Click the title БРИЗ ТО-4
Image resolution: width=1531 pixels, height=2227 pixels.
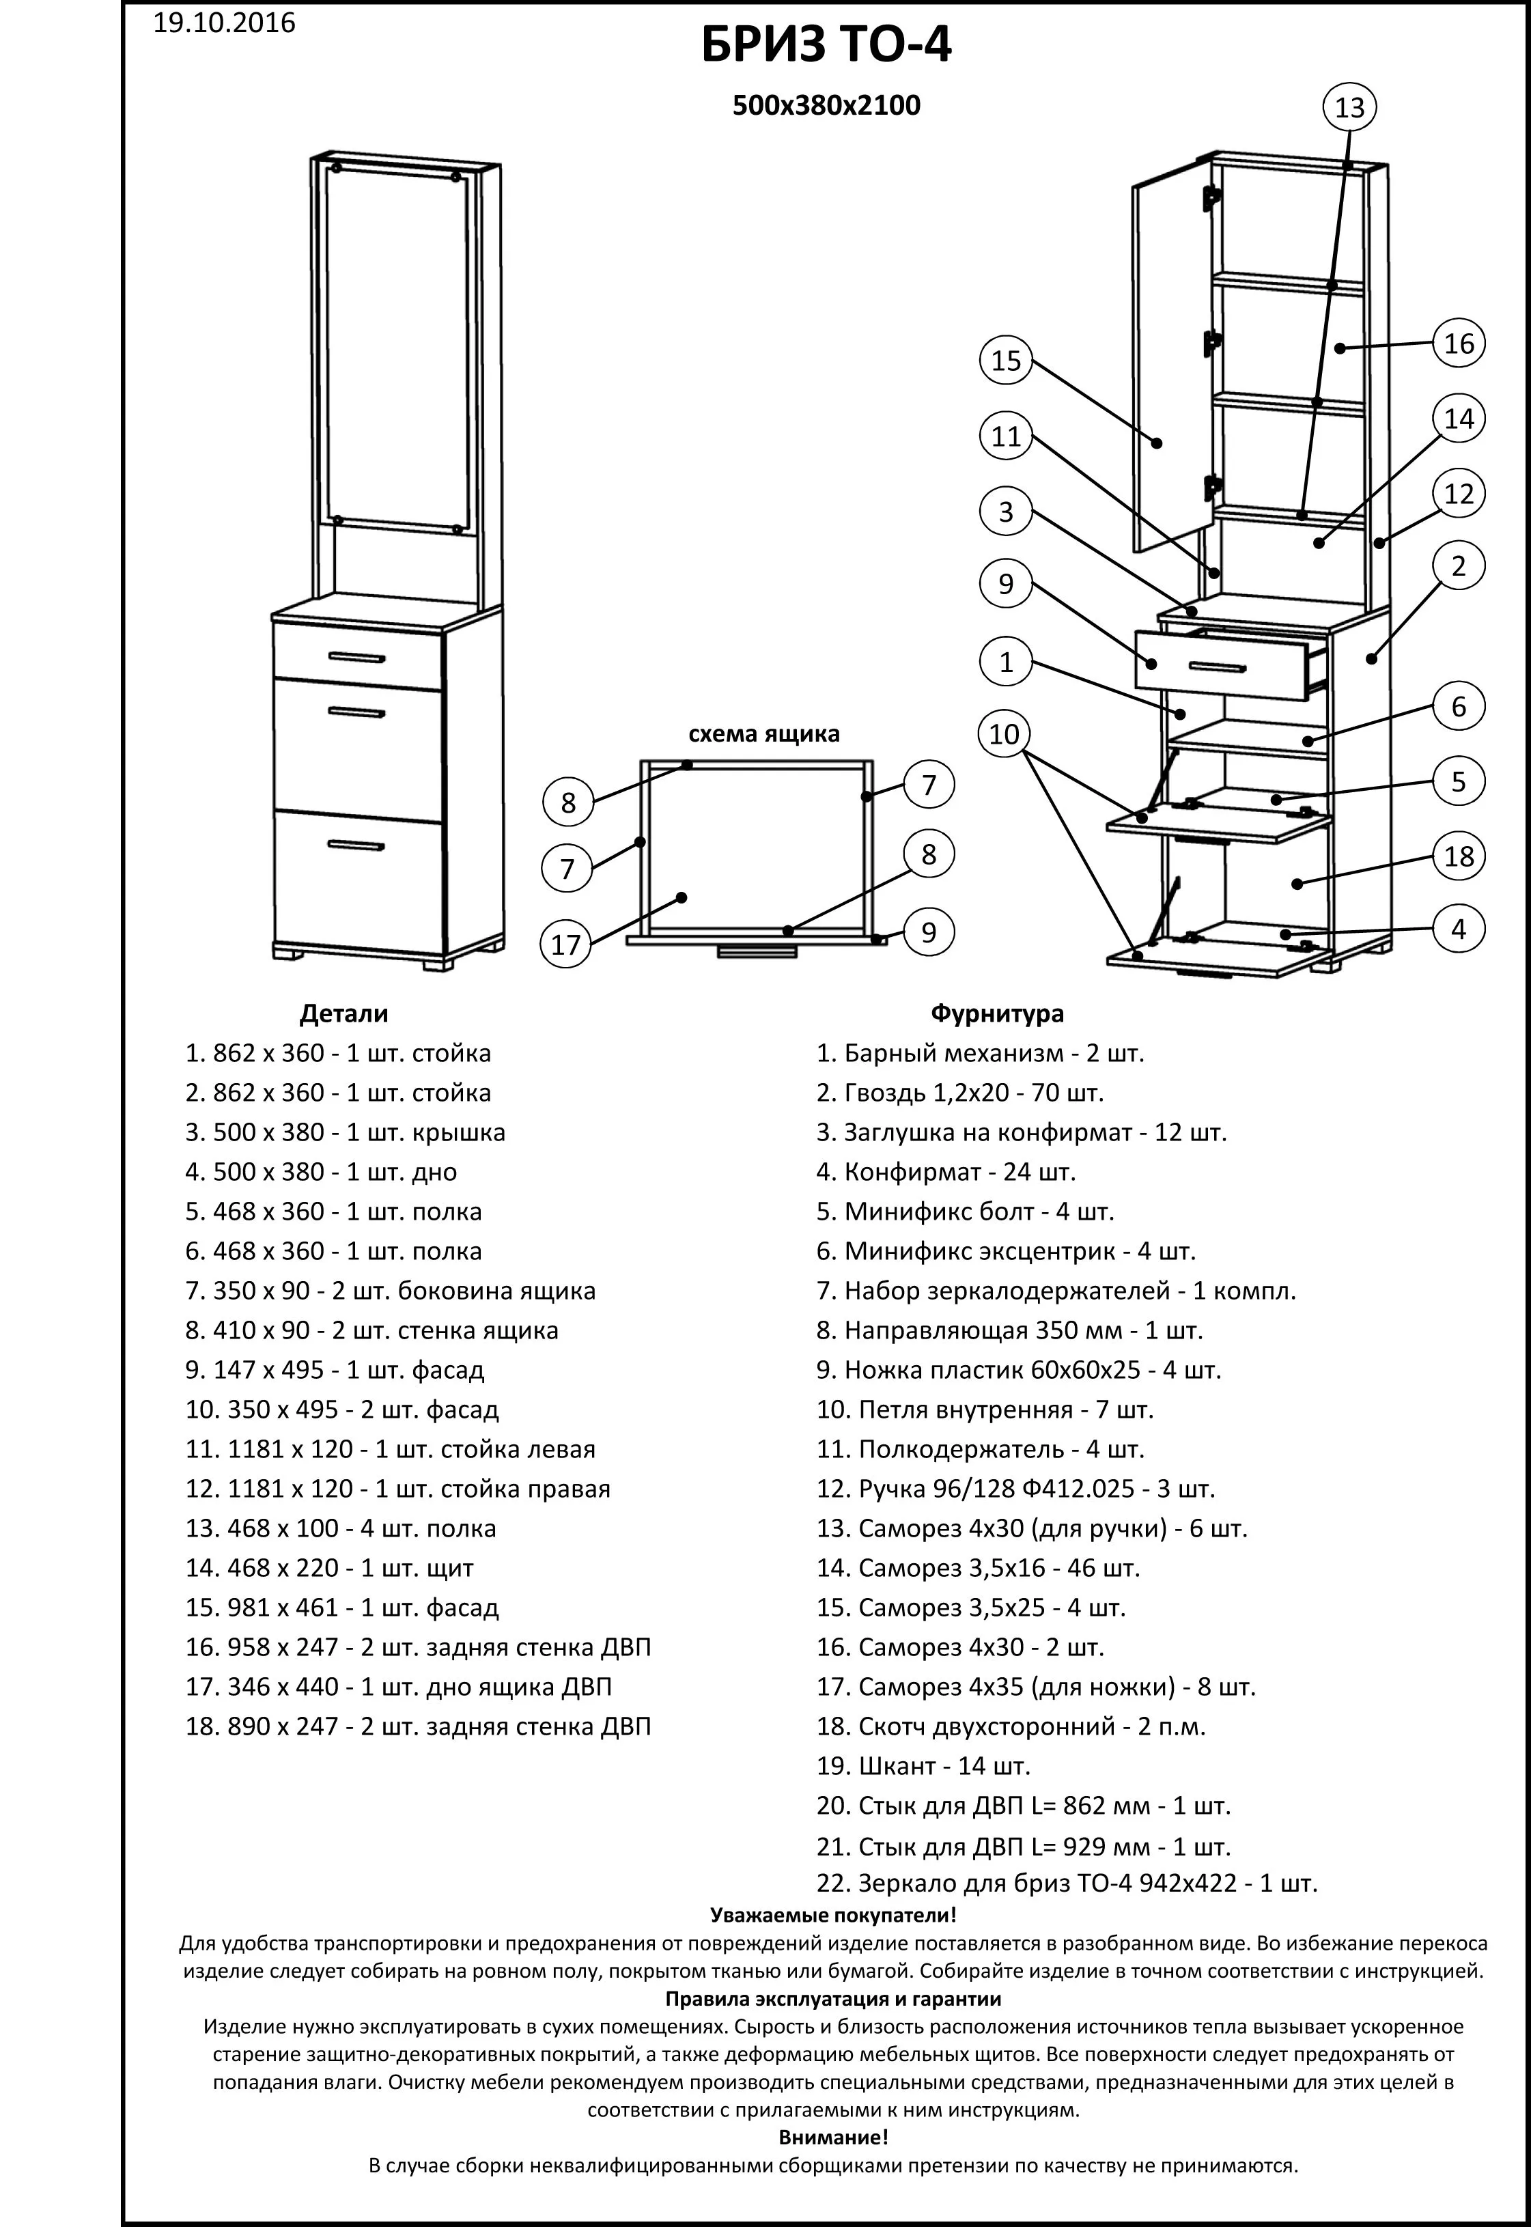point(826,46)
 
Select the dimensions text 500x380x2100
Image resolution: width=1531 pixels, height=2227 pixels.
point(826,105)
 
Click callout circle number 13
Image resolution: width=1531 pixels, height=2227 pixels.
point(1349,107)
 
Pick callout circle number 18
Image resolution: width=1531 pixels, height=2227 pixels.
point(1458,856)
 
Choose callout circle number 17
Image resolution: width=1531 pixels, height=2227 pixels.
point(566,944)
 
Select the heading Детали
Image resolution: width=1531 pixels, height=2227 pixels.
point(343,1013)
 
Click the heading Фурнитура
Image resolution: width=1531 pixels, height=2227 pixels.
point(997,1013)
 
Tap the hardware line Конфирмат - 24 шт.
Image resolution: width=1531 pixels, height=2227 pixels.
point(946,1171)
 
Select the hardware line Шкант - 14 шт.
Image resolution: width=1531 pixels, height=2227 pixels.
point(923,1765)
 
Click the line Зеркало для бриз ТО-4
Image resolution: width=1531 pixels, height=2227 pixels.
point(1067,1883)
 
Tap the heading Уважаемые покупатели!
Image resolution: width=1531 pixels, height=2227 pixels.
point(832,1916)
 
